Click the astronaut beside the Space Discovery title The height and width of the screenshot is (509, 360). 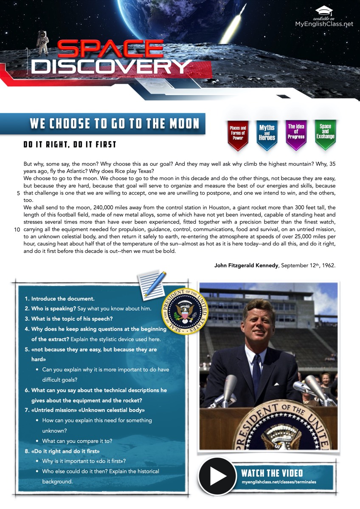[x=43, y=42]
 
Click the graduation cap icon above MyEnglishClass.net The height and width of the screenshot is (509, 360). [x=324, y=11]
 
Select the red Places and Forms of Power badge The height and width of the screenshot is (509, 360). [x=238, y=134]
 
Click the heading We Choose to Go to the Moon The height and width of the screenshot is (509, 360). [x=115, y=124]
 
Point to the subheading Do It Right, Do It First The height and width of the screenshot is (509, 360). [x=70, y=144]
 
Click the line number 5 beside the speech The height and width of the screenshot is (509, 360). [x=19, y=193]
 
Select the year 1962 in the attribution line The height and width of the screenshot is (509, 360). [x=327, y=266]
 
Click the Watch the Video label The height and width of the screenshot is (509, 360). [x=272, y=473]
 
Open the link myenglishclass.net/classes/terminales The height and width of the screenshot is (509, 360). [x=278, y=482]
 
